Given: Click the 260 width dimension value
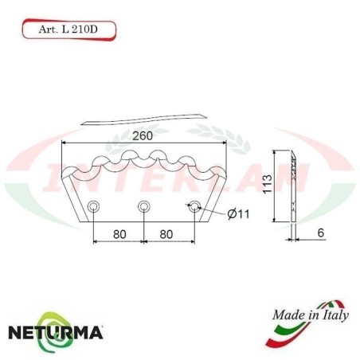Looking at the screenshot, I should pos(143,135).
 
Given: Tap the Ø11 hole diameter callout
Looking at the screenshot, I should pos(239,214).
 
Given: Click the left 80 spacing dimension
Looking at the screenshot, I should pos(118,236).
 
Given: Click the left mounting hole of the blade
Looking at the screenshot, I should pos(94,208).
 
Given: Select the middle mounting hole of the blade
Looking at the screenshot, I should pos(143,208).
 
